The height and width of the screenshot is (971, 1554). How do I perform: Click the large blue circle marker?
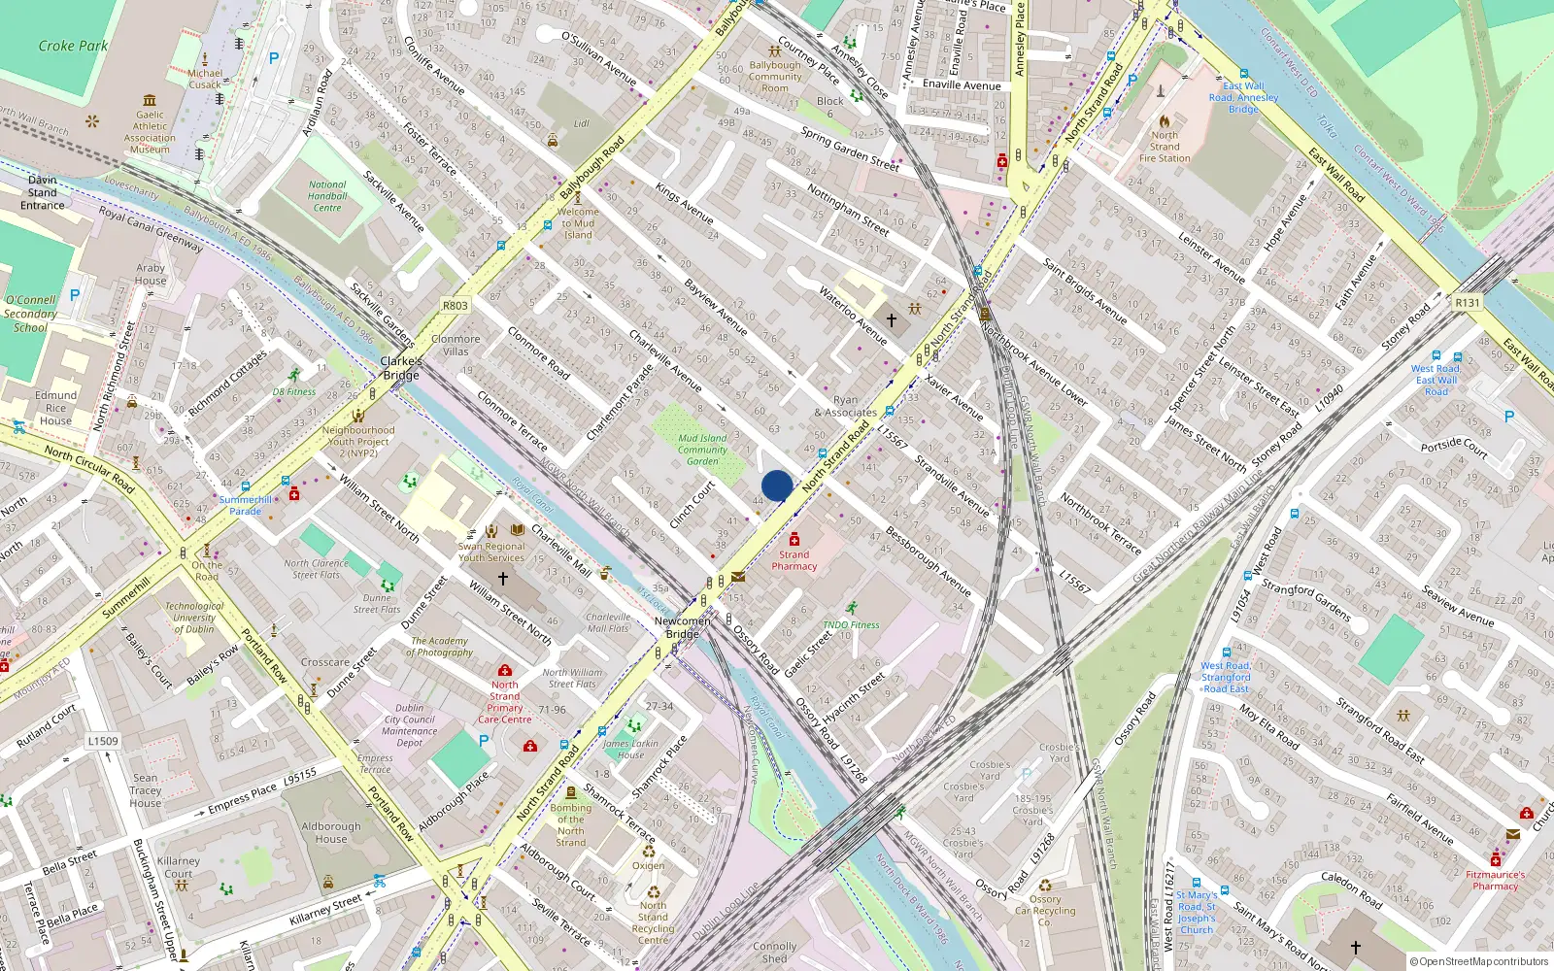pos(777,485)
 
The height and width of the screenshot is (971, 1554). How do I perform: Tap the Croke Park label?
pos(73,46)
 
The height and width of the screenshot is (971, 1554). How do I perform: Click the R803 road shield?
pos(456,306)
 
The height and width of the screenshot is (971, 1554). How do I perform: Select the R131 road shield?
pos(1468,303)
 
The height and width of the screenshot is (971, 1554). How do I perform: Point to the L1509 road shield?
pos(103,741)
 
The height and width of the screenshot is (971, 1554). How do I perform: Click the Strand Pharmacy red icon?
pos(794,540)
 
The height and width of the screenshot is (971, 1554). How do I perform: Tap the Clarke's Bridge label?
pos(401,368)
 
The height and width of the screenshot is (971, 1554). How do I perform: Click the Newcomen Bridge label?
pos(683,627)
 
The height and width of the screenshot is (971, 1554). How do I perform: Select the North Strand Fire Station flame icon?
pos(1165,121)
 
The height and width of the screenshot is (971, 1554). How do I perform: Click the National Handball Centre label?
pos(327,196)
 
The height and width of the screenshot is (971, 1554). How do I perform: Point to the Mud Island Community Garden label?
pos(702,450)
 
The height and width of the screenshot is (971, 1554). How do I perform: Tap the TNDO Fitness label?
pos(851,624)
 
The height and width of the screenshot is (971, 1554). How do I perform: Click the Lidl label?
pos(582,123)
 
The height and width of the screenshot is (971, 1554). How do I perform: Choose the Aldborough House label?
pos(331,832)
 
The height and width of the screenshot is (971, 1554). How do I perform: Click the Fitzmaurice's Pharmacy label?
pos(1496,880)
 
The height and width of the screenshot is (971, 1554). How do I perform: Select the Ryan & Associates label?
pos(846,406)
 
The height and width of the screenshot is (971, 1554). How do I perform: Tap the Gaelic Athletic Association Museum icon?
pos(150,100)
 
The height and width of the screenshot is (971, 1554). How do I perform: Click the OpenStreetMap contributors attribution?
pos(1479,962)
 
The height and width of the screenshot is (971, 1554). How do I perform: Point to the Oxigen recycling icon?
pos(649,852)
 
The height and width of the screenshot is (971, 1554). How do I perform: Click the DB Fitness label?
pos(294,392)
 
